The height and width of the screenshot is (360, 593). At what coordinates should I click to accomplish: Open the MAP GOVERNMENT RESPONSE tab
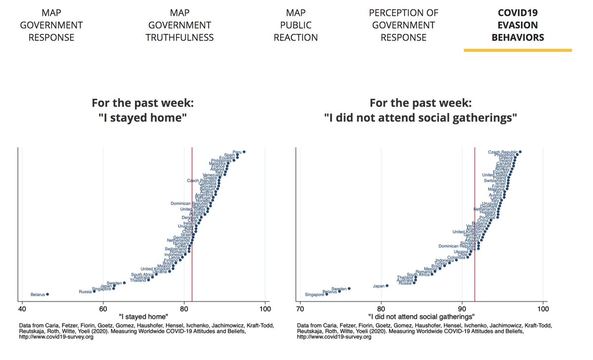point(51,25)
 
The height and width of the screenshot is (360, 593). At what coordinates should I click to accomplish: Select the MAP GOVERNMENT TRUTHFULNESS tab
point(179,25)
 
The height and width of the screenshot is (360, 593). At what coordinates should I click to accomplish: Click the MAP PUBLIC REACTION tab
point(296,25)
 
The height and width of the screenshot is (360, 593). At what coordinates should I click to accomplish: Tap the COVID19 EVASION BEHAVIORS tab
point(517,25)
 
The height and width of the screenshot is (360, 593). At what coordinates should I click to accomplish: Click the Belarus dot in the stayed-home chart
point(47,294)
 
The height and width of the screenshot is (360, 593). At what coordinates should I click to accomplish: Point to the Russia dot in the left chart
point(94,291)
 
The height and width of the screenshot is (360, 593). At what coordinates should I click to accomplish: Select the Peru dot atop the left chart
point(244,152)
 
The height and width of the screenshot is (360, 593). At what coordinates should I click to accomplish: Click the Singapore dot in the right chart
point(327,294)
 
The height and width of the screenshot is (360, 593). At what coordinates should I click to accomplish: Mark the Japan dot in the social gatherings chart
point(387,285)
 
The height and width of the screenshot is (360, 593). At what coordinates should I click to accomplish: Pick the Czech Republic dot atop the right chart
point(520,152)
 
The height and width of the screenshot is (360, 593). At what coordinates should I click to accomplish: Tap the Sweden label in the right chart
point(339,289)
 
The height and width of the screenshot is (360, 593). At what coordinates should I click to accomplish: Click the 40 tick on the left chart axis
point(22,309)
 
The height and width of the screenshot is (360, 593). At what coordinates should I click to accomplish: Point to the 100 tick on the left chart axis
point(265,309)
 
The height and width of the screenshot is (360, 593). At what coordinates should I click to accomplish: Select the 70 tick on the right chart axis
point(300,309)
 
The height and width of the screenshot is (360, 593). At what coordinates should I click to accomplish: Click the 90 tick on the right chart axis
point(462,309)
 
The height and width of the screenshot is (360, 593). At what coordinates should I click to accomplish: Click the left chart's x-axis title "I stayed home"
point(143,317)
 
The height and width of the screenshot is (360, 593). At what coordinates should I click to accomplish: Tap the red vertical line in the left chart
point(192,222)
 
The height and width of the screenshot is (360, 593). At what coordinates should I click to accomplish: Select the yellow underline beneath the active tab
point(517,50)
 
